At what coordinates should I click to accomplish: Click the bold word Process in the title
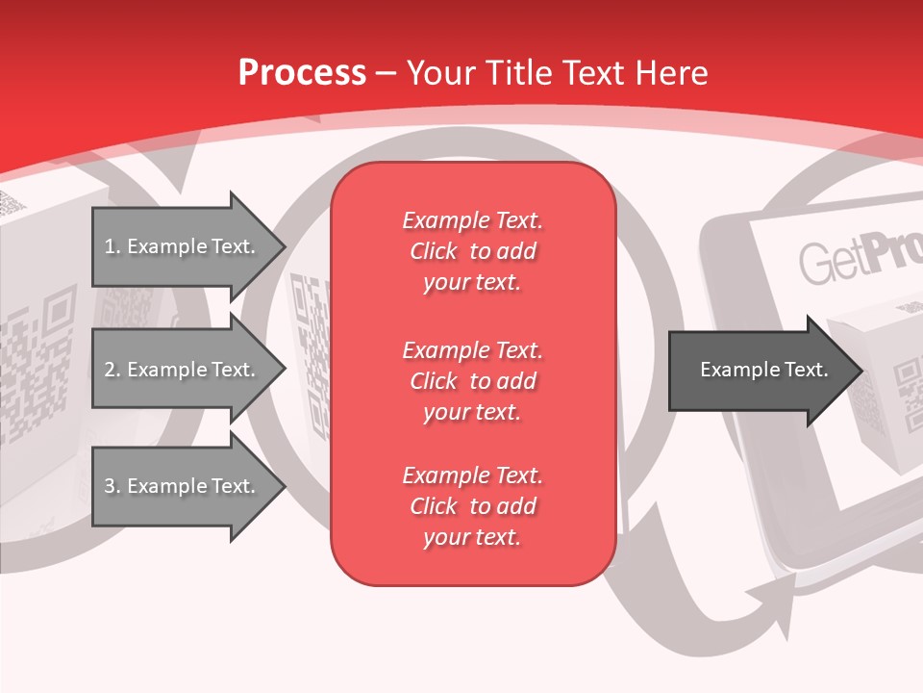(x=302, y=73)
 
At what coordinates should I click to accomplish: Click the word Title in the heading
(x=516, y=73)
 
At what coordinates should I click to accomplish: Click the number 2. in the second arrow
(x=112, y=370)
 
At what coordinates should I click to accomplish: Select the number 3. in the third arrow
(x=112, y=486)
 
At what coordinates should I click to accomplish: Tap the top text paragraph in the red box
(x=472, y=251)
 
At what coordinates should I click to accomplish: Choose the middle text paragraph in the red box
(x=472, y=381)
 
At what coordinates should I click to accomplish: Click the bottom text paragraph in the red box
(x=472, y=506)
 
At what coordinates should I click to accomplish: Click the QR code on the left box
(x=38, y=366)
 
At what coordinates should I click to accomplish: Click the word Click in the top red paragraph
(x=434, y=251)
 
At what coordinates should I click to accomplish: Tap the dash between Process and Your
(x=387, y=73)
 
